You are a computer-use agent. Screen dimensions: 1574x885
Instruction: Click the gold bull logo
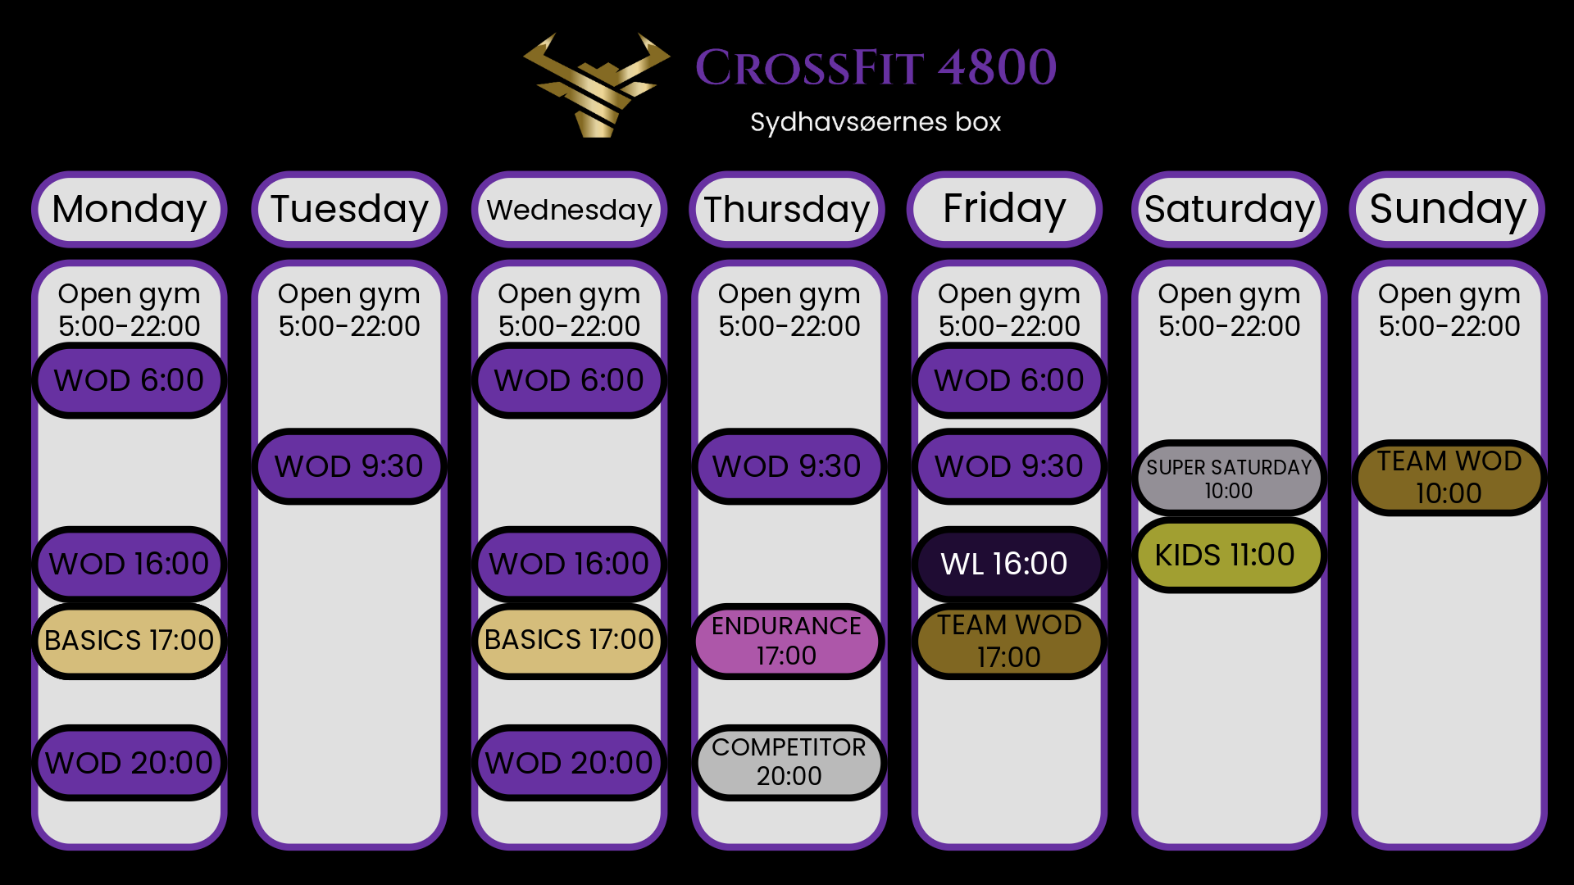click(597, 85)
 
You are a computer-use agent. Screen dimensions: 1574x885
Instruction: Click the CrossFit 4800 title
click(876, 67)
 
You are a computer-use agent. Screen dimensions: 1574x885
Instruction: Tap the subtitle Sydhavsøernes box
click(876, 122)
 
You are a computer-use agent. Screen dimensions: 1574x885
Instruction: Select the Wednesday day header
click(569, 209)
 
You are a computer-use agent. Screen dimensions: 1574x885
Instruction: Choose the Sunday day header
click(1448, 209)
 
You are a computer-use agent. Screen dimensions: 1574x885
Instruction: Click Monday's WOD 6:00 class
click(129, 380)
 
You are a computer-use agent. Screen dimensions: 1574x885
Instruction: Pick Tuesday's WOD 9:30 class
click(349, 466)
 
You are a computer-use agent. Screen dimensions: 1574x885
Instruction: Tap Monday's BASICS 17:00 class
click(129, 641)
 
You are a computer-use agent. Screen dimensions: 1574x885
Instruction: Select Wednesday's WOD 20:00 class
click(569, 763)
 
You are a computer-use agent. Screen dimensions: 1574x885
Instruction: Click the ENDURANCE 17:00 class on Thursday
click(787, 641)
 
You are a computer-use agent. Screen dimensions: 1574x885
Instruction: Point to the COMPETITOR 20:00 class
click(789, 762)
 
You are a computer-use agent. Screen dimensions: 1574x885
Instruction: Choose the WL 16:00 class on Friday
click(1009, 564)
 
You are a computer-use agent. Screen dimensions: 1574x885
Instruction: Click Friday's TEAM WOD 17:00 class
click(1009, 641)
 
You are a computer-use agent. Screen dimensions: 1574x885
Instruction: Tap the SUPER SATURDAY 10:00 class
click(1229, 479)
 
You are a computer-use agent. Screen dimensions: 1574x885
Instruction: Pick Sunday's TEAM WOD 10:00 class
click(1449, 478)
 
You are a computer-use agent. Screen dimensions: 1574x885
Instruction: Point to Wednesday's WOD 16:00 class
click(569, 564)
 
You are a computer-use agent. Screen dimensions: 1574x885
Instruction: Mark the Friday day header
click(1004, 209)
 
